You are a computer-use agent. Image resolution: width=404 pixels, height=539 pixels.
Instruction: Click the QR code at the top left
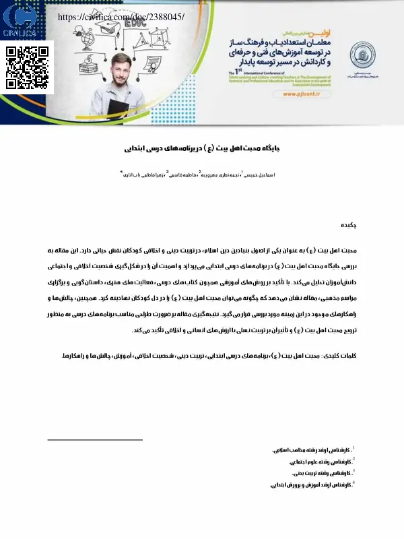click(x=29, y=68)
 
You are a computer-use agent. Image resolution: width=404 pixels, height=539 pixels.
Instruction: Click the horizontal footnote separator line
click(x=97, y=439)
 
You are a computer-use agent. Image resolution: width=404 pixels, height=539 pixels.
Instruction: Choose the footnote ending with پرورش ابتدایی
click(x=311, y=484)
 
